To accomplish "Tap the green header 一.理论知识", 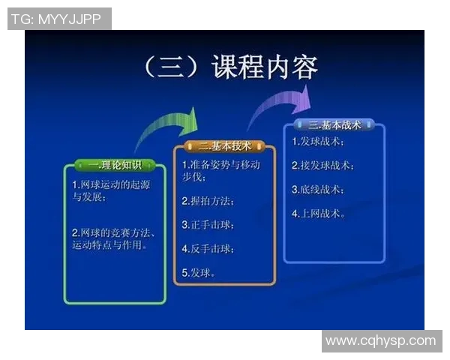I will point(115,164).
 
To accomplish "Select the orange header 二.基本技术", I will point(225,146).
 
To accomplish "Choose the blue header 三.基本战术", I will point(334,124).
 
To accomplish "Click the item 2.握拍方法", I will point(208,201).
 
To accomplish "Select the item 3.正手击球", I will point(208,224).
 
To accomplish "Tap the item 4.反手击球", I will point(208,248).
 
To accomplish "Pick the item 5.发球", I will point(199,272).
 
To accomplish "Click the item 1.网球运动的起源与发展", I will point(105,191).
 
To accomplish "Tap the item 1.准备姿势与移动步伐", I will point(220,171).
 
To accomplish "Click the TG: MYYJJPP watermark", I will point(59,19).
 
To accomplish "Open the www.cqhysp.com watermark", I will point(380,340).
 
